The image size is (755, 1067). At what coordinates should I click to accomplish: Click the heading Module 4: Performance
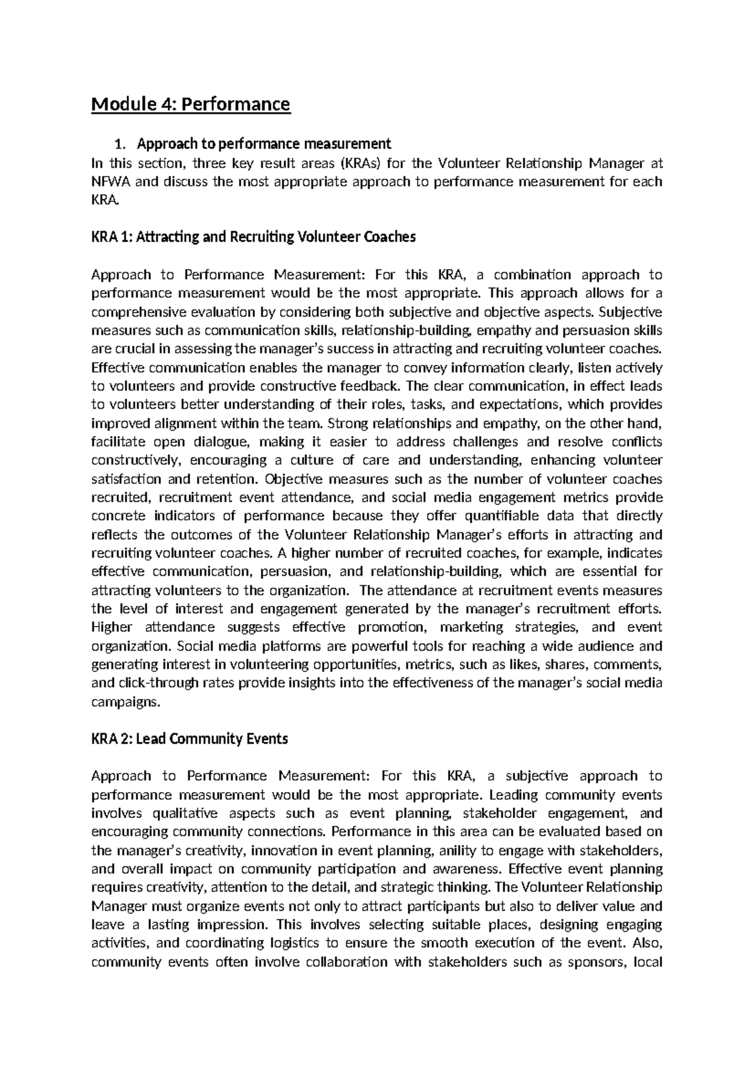click(x=191, y=103)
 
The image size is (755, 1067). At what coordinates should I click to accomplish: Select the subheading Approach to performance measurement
click(x=264, y=144)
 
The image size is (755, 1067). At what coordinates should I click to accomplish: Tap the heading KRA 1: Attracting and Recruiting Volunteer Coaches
click(x=254, y=237)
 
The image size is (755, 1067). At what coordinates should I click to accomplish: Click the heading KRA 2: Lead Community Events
click(x=189, y=739)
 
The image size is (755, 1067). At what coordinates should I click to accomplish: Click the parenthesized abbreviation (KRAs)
click(x=361, y=164)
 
